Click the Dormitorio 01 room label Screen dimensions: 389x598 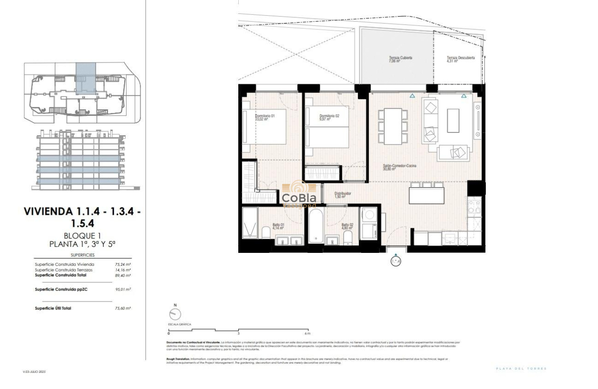[x=265, y=116]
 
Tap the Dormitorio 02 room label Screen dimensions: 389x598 [x=329, y=116]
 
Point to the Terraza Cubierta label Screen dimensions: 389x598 [x=401, y=58]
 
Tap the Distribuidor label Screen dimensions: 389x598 [x=343, y=194]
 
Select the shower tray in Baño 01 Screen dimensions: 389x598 [x=250, y=223]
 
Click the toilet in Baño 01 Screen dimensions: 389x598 [x=266, y=232]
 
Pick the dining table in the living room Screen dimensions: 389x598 [x=393, y=126]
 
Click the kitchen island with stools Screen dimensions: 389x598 [x=426, y=194]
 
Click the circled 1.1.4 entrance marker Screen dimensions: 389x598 [x=395, y=262]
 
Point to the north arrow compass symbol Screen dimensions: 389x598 [x=175, y=314]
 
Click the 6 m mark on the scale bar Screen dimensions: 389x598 [x=307, y=333]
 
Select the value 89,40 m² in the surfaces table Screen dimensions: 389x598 [x=123, y=275]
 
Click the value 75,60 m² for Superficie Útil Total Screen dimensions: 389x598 [x=123, y=308]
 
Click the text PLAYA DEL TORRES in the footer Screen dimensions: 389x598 [x=521, y=369]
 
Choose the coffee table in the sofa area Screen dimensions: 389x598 [x=453, y=121]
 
